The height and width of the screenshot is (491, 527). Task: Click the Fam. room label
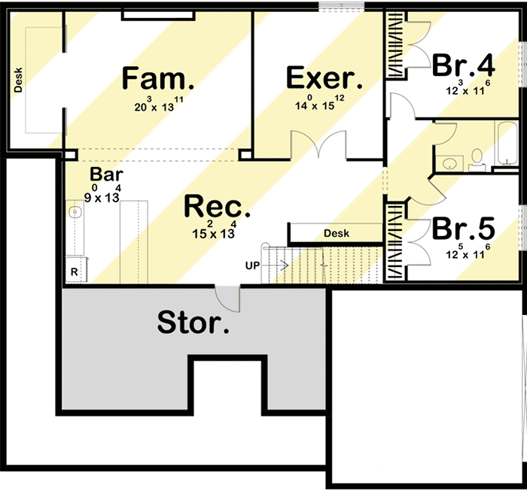pyautogui.click(x=158, y=78)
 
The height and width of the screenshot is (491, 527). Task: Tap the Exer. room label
pyautogui.click(x=324, y=78)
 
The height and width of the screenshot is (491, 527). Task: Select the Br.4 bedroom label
pyautogui.click(x=464, y=65)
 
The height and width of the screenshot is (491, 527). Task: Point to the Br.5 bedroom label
pyautogui.click(x=464, y=229)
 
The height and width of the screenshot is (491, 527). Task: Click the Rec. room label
pyautogui.click(x=217, y=207)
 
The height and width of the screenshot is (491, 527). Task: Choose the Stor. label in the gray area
pyautogui.click(x=193, y=322)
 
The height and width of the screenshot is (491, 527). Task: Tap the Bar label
pyautogui.click(x=107, y=174)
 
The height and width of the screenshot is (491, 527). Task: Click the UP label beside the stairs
pyautogui.click(x=252, y=266)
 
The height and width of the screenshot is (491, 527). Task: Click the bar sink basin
pyautogui.click(x=75, y=212)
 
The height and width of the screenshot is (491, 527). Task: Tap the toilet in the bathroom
pyautogui.click(x=477, y=160)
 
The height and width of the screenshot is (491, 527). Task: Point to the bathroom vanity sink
pyautogui.click(x=449, y=163)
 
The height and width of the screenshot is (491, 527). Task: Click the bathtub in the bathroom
pyautogui.click(x=507, y=144)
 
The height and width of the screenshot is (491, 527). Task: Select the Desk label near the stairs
pyautogui.click(x=337, y=233)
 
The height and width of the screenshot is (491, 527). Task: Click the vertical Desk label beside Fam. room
pyautogui.click(x=18, y=80)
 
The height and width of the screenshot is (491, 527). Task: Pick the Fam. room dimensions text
pyautogui.click(x=159, y=104)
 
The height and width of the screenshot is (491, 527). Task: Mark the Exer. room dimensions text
pyautogui.click(x=320, y=102)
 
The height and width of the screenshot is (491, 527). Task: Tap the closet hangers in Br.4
pyautogui.click(x=395, y=45)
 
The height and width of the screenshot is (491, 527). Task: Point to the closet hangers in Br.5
pyautogui.click(x=395, y=241)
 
